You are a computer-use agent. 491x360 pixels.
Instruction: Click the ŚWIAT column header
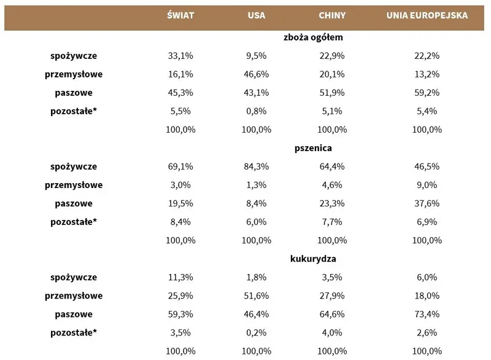(180, 15)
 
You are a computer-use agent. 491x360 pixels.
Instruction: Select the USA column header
(256, 15)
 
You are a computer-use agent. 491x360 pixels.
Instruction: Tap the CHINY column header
(332, 15)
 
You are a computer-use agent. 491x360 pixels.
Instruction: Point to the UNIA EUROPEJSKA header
(427, 15)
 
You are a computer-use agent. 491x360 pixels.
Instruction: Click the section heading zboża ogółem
(313, 37)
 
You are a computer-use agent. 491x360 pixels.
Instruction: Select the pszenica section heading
(313, 148)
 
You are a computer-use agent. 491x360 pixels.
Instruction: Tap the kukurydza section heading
(313, 259)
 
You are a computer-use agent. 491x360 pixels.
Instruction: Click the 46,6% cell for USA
(256, 74)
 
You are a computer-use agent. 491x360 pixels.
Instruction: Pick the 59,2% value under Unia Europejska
(427, 93)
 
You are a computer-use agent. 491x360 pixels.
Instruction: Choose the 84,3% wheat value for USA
(256, 166)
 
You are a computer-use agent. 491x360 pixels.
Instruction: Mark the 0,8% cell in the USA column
(256, 111)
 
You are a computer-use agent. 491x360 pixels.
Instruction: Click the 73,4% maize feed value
(427, 314)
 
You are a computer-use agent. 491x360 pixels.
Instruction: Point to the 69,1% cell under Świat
(180, 166)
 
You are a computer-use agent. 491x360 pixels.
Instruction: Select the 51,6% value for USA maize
(256, 295)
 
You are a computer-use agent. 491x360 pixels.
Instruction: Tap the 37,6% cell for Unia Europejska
(427, 203)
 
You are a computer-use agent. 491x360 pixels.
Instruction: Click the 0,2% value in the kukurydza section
(256, 332)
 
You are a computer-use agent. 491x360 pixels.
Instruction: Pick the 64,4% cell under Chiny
(332, 166)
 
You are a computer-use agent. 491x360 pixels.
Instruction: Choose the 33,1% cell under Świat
(180, 56)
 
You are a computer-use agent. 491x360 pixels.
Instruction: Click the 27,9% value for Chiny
(332, 295)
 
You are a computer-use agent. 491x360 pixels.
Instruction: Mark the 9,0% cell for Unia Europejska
(427, 185)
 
